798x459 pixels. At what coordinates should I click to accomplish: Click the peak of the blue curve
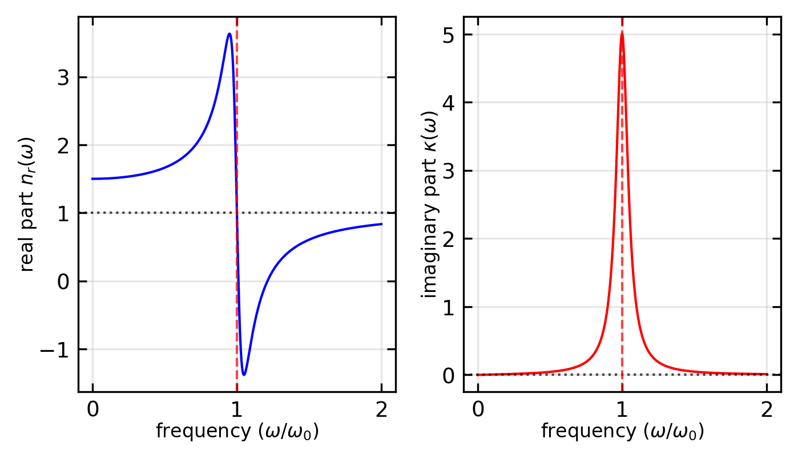pos(229,34)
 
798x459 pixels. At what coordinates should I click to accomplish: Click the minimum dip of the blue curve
pos(244,375)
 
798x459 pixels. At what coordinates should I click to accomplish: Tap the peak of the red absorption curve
pos(622,33)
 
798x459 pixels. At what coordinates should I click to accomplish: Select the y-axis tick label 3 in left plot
pos(65,78)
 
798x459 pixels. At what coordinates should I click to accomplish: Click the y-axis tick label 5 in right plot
pos(450,35)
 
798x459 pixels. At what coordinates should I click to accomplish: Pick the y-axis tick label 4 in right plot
pos(450,103)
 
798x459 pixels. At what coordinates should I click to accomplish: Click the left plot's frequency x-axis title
pos(237,432)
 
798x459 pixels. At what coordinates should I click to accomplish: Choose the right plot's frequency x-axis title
pos(622,432)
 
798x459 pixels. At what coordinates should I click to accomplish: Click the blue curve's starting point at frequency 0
pos(92,178)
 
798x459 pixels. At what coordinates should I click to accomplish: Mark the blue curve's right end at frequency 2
pos(381,224)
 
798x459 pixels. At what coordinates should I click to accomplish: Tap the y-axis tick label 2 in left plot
pos(65,145)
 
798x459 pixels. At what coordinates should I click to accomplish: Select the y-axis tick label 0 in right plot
pos(450,375)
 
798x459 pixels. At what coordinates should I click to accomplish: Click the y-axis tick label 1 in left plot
pos(65,213)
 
